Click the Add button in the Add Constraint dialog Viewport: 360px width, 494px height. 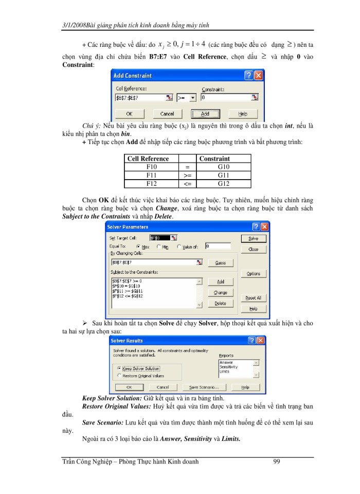pyautogui.click(x=205, y=114)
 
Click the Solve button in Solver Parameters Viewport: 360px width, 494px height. pyautogui.click(x=253, y=239)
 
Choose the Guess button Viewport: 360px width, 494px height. pyautogui.click(x=220, y=263)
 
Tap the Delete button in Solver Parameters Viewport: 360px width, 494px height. pyautogui.click(x=220, y=304)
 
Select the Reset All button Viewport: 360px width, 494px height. pyautogui.click(x=253, y=298)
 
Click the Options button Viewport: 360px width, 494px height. pyautogui.click(x=253, y=274)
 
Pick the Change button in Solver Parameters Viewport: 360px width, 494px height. pyautogui.click(x=220, y=293)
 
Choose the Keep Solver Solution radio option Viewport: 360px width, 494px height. pyautogui.click(x=119, y=368)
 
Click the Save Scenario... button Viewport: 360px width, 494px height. pyautogui.click(x=204, y=387)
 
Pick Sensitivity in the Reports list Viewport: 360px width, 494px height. pyautogui.click(x=228, y=367)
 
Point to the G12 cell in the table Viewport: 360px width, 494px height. pyautogui.click(x=224, y=183)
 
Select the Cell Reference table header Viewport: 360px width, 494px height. pyautogui.click(x=148, y=159)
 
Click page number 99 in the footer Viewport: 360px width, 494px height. pyautogui.click(x=277, y=462)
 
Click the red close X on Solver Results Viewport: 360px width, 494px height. pyautogui.click(x=261, y=341)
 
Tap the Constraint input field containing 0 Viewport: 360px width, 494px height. pyautogui.click(x=226, y=97)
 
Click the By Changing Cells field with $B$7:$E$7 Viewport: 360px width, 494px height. pyautogui.click(x=154, y=262)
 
